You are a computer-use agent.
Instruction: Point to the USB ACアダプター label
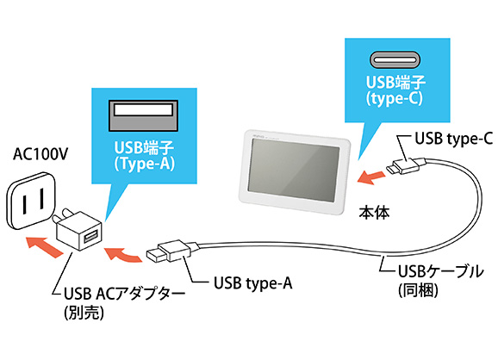pos(124,295)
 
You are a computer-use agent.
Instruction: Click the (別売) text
pos(84,313)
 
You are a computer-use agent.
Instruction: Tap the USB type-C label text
pos(453,138)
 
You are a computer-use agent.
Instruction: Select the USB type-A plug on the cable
pos(166,252)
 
